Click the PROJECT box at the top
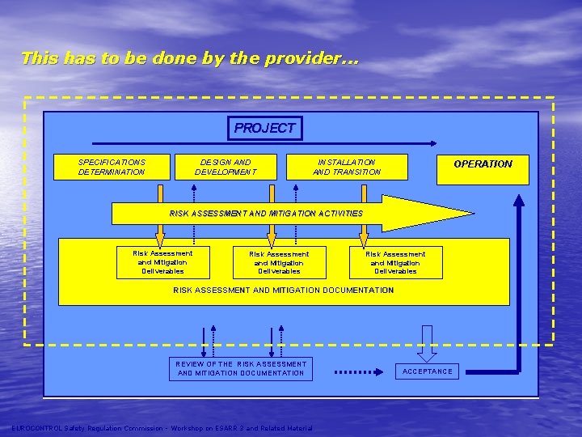click(265, 128)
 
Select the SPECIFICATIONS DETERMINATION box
click(112, 167)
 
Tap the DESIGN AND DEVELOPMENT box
click(226, 167)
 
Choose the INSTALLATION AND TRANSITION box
click(347, 167)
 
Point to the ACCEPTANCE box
click(428, 371)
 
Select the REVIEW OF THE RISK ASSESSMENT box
click(241, 368)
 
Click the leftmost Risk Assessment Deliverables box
click(162, 262)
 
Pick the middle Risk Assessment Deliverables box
click(279, 263)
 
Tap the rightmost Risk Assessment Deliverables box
click(395, 263)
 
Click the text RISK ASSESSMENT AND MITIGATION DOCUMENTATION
click(284, 290)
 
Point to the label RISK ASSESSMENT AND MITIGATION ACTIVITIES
click(266, 214)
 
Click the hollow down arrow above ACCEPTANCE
click(427, 343)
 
